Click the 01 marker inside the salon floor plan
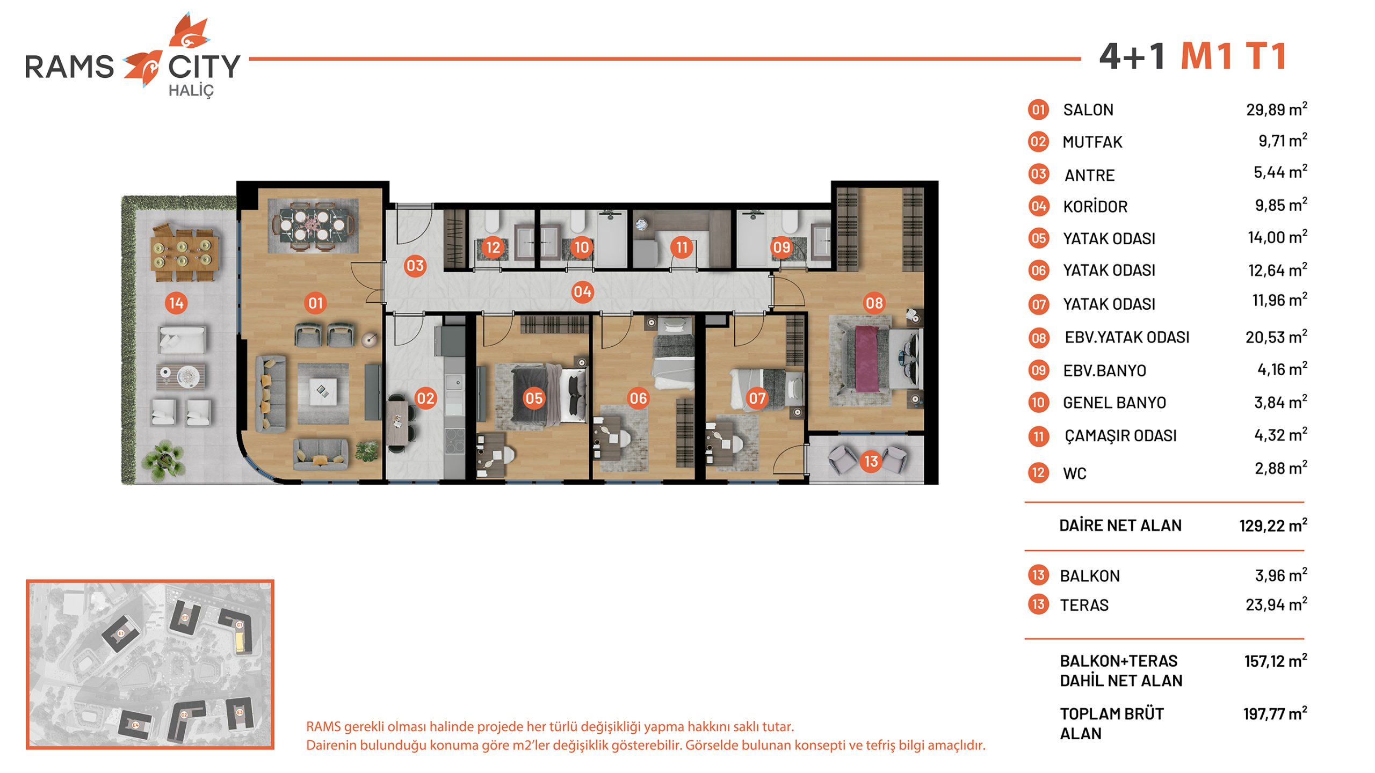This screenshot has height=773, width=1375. click(x=315, y=303)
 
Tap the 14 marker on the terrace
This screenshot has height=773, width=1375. click(x=176, y=303)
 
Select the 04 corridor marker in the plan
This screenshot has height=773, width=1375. click(x=582, y=292)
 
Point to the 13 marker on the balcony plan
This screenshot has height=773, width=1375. click(x=871, y=461)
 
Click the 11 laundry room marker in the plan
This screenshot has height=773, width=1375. click(x=682, y=247)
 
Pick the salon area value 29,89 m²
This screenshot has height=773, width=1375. click(x=1277, y=109)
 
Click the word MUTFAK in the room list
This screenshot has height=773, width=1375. click(x=1092, y=142)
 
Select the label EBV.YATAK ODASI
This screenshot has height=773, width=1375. click(x=1127, y=337)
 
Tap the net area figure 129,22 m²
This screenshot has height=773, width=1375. click(x=1273, y=525)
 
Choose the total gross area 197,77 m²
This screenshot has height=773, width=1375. click(x=1275, y=713)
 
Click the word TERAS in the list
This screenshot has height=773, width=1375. click(x=1084, y=605)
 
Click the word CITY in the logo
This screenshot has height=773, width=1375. click(x=204, y=67)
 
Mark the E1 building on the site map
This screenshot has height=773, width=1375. click(x=121, y=633)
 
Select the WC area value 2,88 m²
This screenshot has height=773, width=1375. click(x=1280, y=468)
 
